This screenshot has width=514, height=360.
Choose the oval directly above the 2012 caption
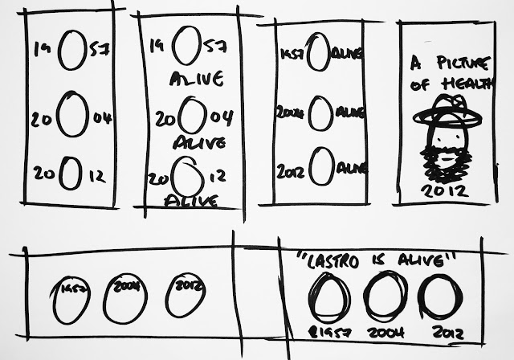438,297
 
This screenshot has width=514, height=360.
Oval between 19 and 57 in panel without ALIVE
71,50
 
